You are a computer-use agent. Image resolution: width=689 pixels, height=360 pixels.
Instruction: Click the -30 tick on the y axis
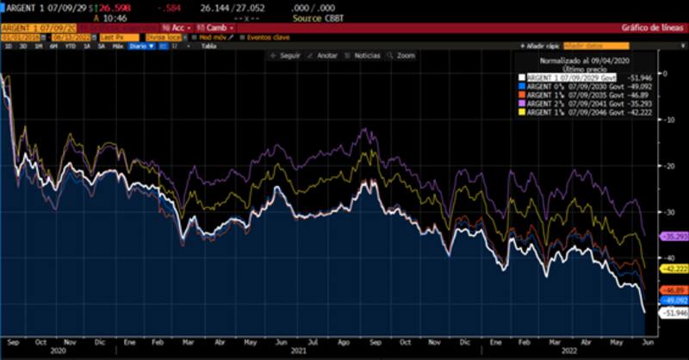(667, 212)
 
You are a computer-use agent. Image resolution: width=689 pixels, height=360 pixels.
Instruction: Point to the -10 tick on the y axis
(667, 119)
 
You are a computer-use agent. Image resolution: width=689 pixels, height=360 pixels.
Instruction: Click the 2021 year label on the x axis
(298, 351)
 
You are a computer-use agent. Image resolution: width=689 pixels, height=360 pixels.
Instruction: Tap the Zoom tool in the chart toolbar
(402, 55)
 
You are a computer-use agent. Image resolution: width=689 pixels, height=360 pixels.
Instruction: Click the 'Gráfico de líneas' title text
(655, 28)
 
